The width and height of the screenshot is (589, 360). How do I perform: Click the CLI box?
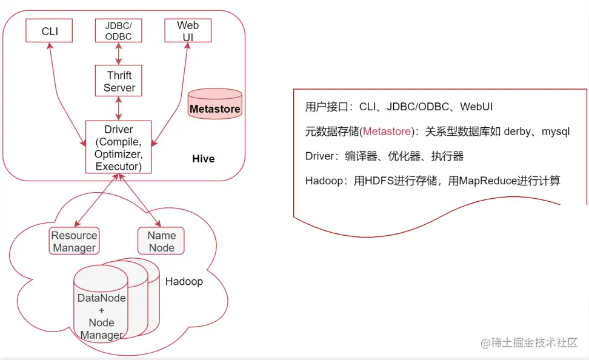point(50,31)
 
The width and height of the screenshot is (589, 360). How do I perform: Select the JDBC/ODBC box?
point(118,31)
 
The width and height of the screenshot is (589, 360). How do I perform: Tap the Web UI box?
point(188,31)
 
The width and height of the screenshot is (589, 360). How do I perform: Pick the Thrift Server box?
point(119,81)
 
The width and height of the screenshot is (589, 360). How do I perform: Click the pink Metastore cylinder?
point(215,104)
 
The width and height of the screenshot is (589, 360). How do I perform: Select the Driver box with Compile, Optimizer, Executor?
point(118,147)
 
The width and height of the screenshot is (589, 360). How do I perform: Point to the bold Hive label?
point(203,159)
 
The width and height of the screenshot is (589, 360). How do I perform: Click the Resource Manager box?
point(74,241)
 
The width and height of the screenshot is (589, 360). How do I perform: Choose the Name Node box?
point(161,241)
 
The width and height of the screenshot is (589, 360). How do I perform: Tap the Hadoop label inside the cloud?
point(184,282)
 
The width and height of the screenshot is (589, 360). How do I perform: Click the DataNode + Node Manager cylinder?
point(101,309)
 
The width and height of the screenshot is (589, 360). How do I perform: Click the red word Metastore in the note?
point(387,132)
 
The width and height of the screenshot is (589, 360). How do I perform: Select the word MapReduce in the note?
point(488,181)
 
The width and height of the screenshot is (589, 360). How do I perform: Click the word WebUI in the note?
point(476,107)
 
